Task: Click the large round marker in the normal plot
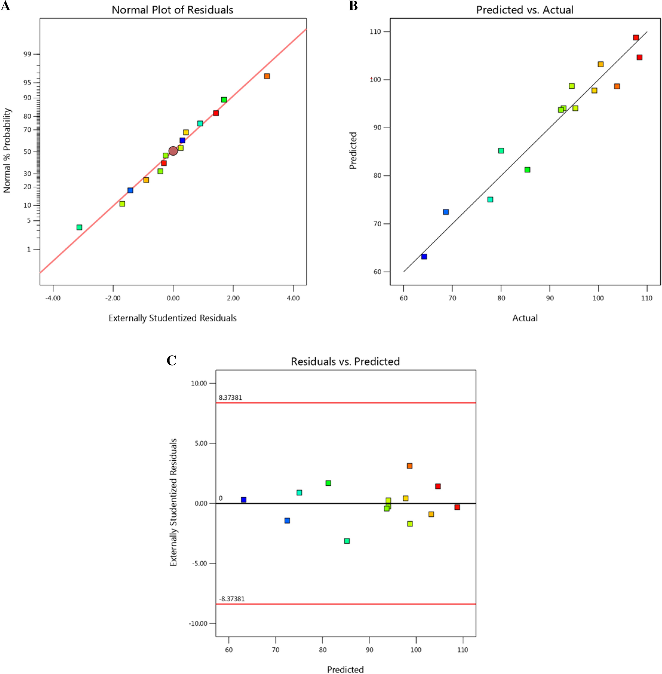[x=173, y=151]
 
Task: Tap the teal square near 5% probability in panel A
[x=79, y=227]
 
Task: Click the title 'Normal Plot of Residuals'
[x=173, y=10]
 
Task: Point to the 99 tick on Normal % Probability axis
[x=27, y=54]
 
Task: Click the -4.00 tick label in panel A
[x=53, y=298]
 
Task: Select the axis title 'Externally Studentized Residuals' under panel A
[x=173, y=318]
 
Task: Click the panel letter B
[x=353, y=6]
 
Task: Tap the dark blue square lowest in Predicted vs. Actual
[x=424, y=257]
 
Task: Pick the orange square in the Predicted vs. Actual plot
[x=617, y=86]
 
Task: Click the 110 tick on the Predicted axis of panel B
[x=375, y=32]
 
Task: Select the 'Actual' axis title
[x=525, y=318]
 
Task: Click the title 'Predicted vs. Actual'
[x=525, y=10]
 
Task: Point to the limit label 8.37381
[x=230, y=398]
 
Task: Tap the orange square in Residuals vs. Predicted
[x=410, y=466]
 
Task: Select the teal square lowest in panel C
[x=347, y=541]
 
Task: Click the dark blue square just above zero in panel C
[x=244, y=500]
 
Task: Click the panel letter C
[x=172, y=360]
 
